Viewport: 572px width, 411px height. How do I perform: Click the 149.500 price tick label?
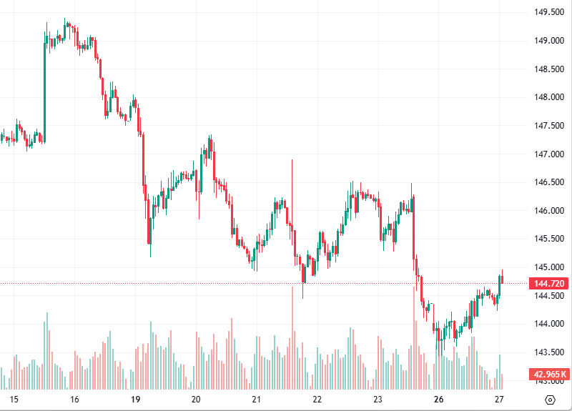pyautogui.click(x=549, y=12)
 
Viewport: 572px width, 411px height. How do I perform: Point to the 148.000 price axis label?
pyautogui.click(x=549, y=97)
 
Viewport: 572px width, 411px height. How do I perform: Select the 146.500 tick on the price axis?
pyautogui.click(x=549, y=182)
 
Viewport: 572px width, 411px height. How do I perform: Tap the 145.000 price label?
pyautogui.click(x=549, y=267)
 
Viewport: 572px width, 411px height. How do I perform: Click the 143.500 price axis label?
pyautogui.click(x=549, y=352)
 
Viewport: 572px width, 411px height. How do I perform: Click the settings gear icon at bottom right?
pyautogui.click(x=550, y=400)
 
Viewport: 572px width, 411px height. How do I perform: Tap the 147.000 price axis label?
pyautogui.click(x=549, y=154)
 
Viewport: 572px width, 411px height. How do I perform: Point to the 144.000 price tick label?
pyautogui.click(x=549, y=324)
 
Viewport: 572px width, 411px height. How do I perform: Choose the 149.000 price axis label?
pyautogui.click(x=549, y=41)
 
